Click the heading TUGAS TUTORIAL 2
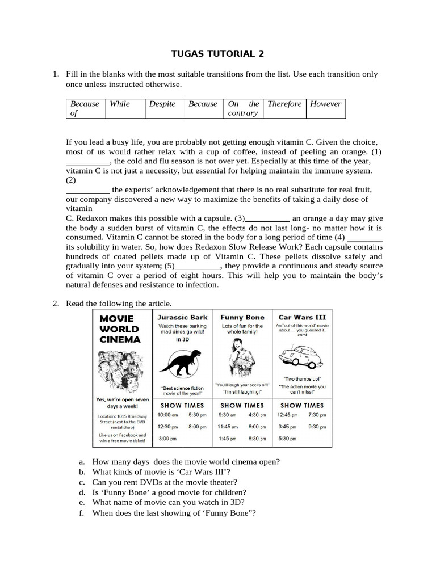point(217,54)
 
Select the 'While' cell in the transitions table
point(120,104)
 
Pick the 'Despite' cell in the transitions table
point(162,104)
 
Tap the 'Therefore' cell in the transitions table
point(284,104)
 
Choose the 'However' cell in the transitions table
point(325,104)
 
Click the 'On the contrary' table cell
point(244,108)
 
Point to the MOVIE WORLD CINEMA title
point(120,329)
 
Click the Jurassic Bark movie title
point(182,317)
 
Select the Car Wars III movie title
point(301,317)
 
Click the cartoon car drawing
point(301,357)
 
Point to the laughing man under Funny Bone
point(241,358)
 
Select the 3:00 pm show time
point(167,439)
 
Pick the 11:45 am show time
point(228,427)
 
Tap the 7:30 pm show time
point(317,415)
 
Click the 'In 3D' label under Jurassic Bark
point(182,339)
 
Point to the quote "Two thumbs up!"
point(301,378)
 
